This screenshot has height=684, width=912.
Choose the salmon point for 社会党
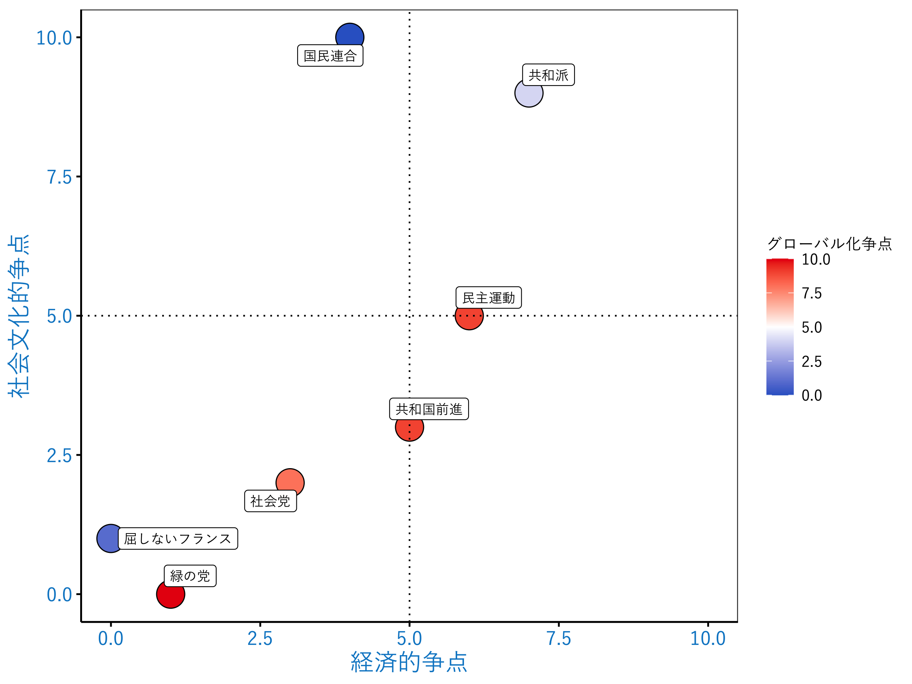coord(290,481)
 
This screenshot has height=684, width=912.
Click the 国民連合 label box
coord(330,55)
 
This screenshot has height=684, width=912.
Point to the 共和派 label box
coord(548,75)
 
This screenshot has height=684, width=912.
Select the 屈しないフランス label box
coord(178,538)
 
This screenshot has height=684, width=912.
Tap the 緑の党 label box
coord(190,576)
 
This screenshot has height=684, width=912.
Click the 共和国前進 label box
coord(429,409)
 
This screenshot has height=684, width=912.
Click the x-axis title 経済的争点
coord(408,662)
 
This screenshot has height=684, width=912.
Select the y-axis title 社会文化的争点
coord(19,316)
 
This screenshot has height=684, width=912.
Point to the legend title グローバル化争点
coord(829,244)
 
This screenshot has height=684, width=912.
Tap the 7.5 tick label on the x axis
coord(558,639)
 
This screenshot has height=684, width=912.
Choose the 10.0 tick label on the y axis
coord(54,38)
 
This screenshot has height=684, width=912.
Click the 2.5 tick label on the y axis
coord(59,456)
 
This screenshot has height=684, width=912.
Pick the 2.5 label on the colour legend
coord(811,362)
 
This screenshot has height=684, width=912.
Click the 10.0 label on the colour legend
coord(815,259)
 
